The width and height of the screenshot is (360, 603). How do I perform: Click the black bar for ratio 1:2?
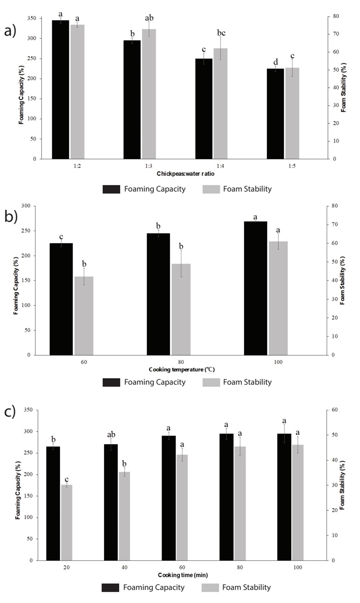pyautogui.click(x=60, y=90)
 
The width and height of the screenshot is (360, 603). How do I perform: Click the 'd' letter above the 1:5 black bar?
pyautogui.click(x=275, y=61)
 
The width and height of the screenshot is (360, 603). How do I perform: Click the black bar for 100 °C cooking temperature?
pyautogui.click(x=255, y=288)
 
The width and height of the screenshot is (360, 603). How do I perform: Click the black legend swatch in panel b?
pyautogui.click(x=111, y=382)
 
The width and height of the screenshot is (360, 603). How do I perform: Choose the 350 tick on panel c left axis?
pyautogui.click(x=30, y=410)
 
